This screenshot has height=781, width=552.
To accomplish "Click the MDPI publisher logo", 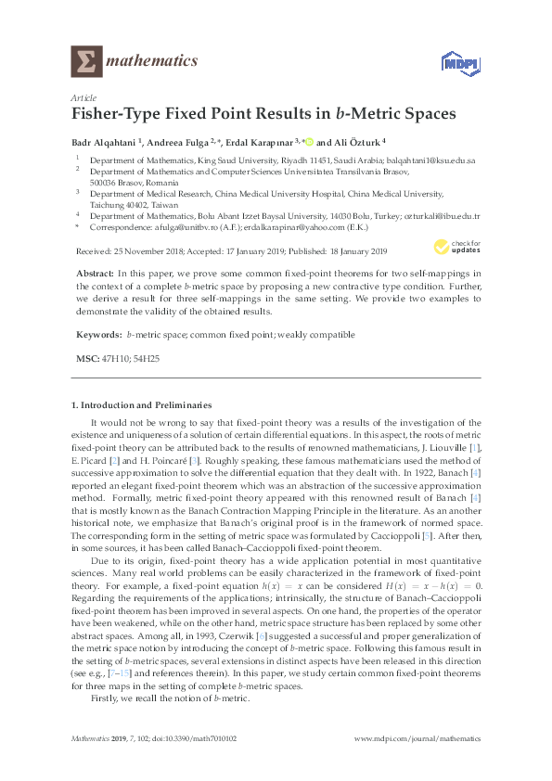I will (x=455, y=63).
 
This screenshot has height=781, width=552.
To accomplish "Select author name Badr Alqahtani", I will (x=102, y=144).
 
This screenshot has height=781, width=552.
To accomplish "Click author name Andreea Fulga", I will (x=176, y=144).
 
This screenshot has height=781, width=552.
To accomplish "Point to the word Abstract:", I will (x=93, y=275).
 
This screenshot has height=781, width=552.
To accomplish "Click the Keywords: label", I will (x=96, y=334).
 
